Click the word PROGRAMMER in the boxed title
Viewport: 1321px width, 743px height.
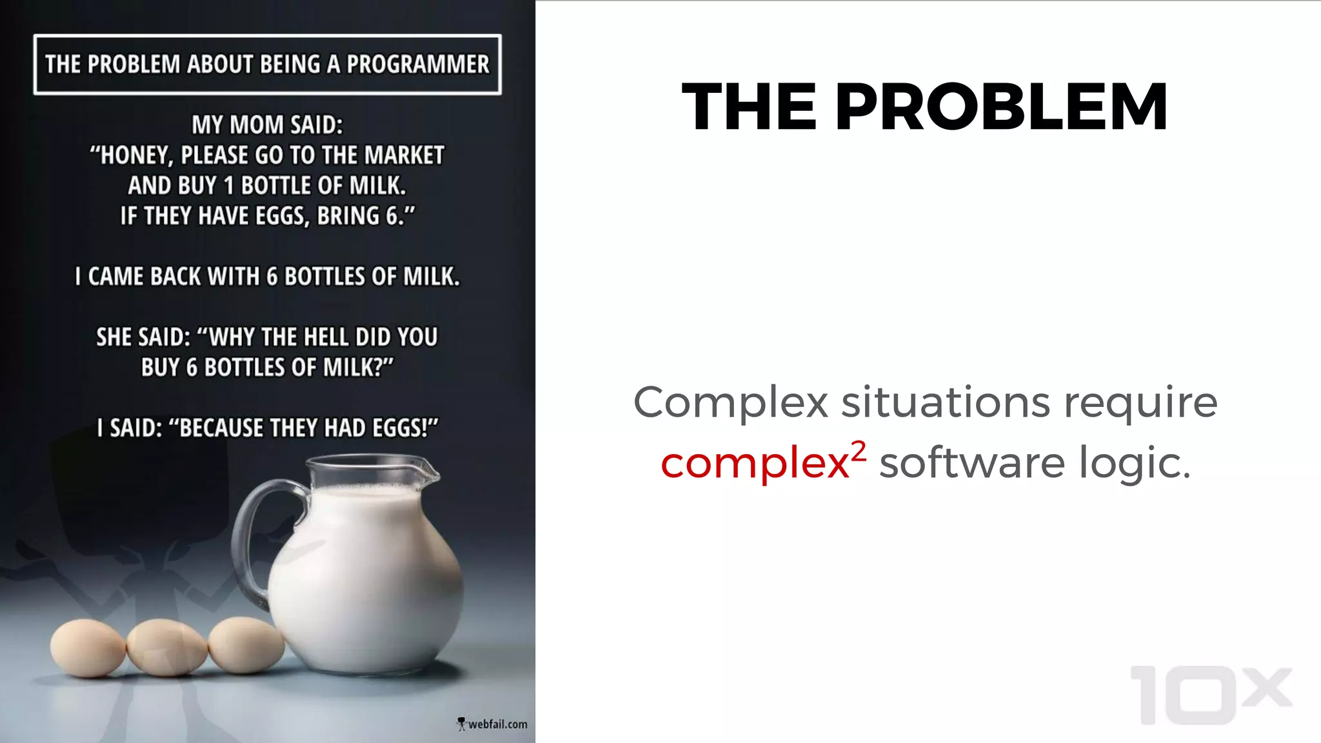tap(418, 64)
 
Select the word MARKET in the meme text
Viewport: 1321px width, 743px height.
tap(404, 155)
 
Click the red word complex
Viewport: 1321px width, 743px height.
tap(755, 463)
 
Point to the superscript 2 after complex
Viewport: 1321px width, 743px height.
tap(858, 451)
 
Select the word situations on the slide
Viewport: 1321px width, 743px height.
tap(946, 402)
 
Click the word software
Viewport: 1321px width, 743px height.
tap(972, 463)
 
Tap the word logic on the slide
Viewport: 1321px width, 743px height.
tap(1134, 463)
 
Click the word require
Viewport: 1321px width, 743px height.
tap(1140, 404)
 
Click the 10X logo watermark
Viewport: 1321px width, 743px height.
tap(1210, 695)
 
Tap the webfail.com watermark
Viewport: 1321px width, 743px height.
tap(493, 724)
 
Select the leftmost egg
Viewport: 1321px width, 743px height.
tap(87, 648)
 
